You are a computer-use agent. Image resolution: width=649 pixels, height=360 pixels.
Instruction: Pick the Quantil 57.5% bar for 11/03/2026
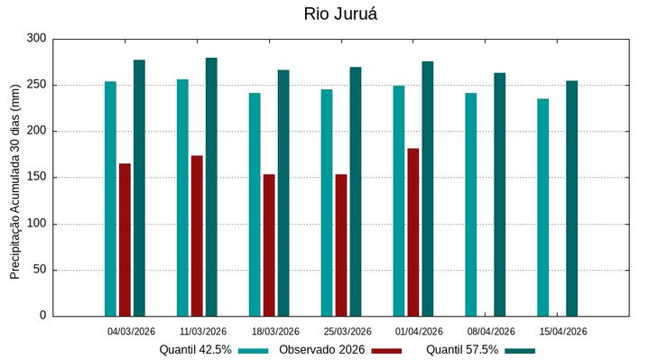tap(211, 187)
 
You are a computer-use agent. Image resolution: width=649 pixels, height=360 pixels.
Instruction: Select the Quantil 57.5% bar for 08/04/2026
tap(499, 194)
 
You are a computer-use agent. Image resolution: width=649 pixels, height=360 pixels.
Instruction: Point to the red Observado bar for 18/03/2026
tap(269, 245)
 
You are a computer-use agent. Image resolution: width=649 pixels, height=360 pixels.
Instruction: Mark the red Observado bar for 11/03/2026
tap(197, 235)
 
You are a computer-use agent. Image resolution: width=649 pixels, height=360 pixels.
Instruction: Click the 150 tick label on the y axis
tap(36, 178)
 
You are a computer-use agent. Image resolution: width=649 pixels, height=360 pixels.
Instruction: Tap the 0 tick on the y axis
tap(42, 316)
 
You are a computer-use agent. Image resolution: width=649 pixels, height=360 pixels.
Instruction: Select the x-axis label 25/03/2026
tap(348, 331)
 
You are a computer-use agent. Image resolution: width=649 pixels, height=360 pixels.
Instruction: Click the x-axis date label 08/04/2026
tap(491, 331)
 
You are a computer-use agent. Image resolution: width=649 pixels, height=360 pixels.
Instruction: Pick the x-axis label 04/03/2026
tap(131, 331)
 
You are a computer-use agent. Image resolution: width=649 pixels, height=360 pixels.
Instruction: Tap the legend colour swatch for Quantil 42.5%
tap(254, 350)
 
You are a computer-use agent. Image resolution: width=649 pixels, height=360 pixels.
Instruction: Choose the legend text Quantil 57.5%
tap(462, 349)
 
